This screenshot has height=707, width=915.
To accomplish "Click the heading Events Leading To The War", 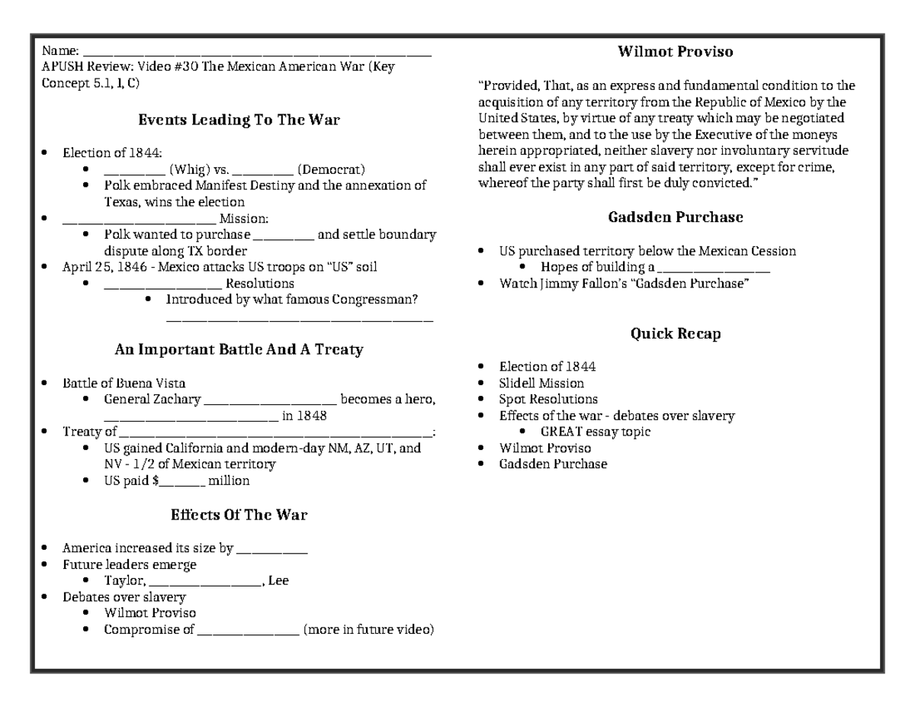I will click(239, 120).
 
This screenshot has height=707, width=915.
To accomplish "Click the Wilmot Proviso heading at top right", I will click(675, 52).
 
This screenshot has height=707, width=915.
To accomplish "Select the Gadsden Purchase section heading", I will click(675, 217).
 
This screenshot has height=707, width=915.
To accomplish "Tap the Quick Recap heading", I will click(675, 333).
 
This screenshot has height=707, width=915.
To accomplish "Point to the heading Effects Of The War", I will click(239, 515).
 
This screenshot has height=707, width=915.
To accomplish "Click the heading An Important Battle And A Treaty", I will click(239, 350).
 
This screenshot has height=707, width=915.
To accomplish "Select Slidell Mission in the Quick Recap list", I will click(541, 383).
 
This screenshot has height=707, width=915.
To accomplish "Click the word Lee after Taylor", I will click(278, 580).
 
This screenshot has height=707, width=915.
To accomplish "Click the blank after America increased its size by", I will click(272, 548).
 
